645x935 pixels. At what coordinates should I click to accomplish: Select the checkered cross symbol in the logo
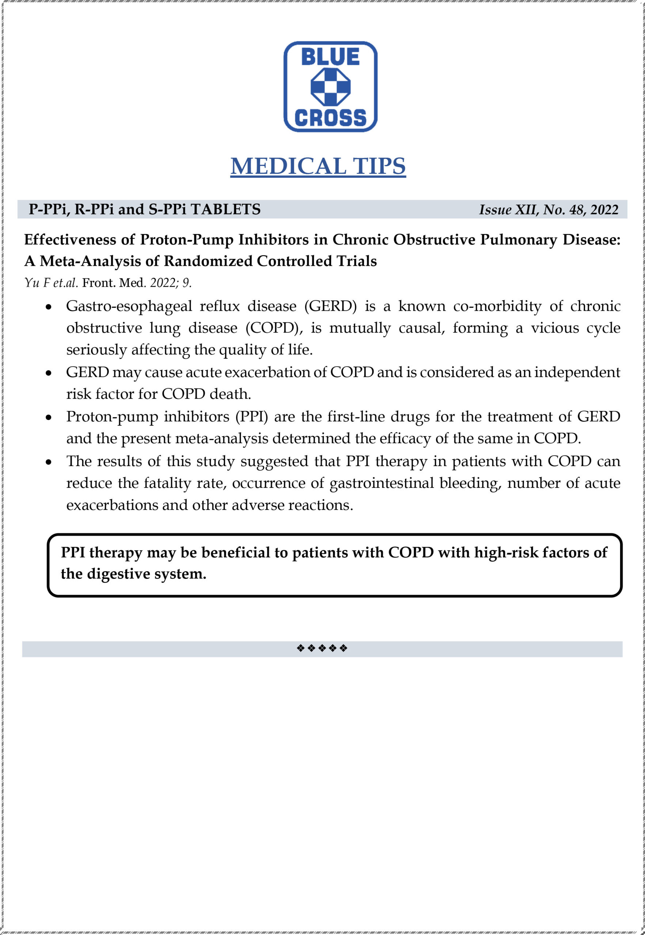pos(330,87)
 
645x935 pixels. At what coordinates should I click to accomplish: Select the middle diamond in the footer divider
pos(322,649)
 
